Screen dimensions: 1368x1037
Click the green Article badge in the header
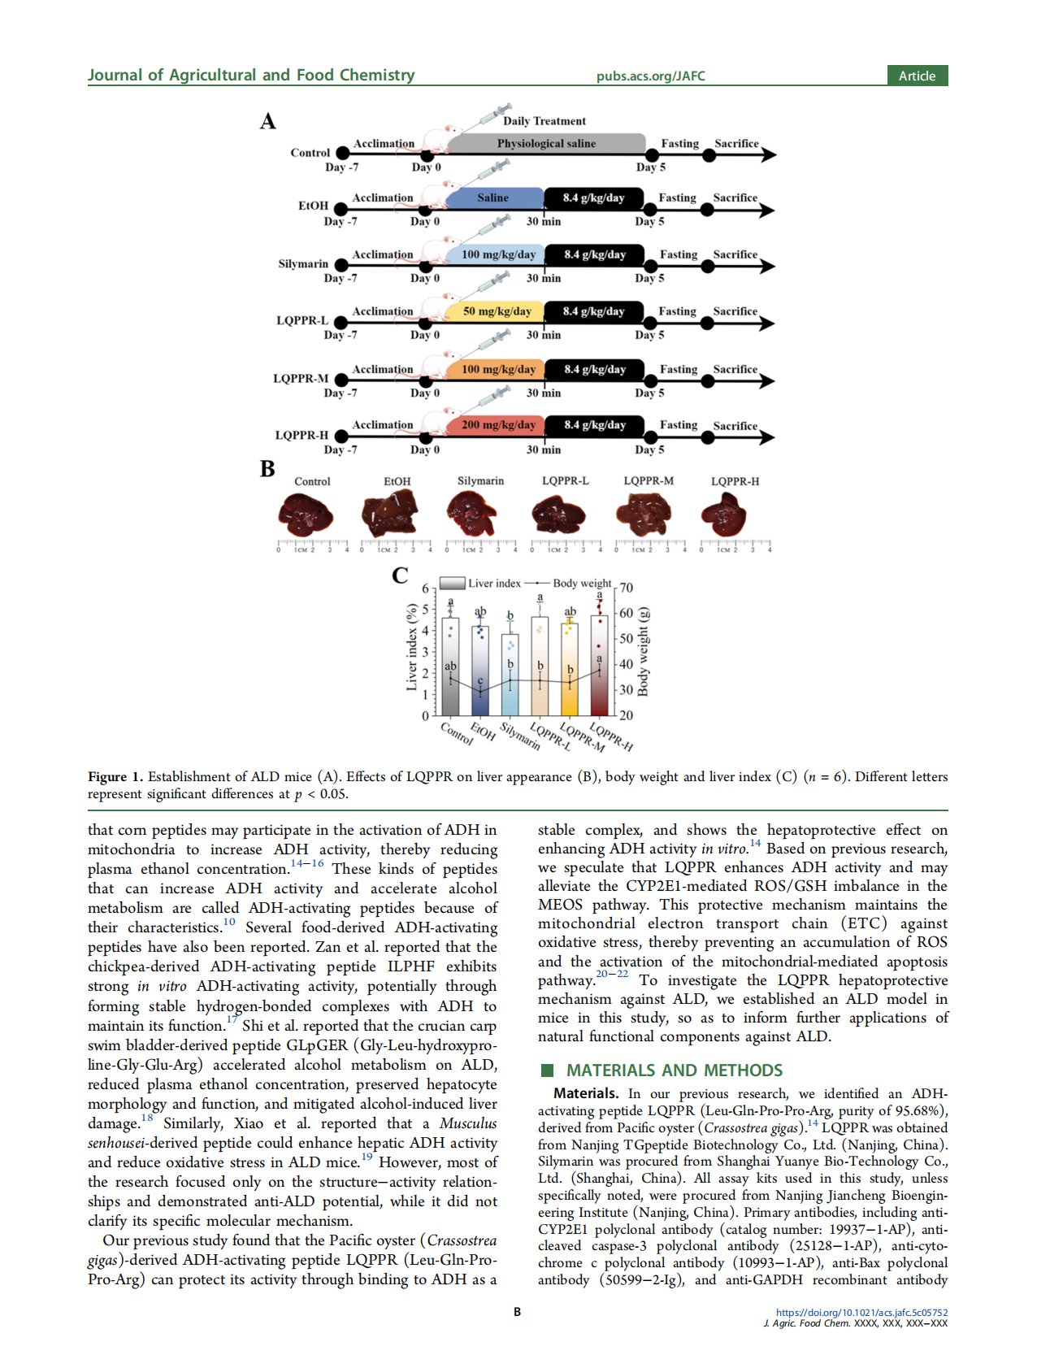(917, 76)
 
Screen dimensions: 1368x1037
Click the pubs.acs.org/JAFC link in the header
(650, 76)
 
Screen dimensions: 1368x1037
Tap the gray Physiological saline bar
(546, 144)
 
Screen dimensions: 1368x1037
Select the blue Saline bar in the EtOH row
(493, 198)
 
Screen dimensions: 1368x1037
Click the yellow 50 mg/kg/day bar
(497, 311)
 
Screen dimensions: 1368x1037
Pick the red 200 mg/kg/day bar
(497, 425)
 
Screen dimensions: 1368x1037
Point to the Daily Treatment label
(544, 121)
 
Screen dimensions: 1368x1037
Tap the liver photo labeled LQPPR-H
(723, 515)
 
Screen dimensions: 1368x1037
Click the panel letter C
(401, 575)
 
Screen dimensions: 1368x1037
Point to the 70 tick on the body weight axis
(626, 588)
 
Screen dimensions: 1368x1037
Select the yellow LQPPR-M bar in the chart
(570, 668)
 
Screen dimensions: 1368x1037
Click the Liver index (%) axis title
(412, 647)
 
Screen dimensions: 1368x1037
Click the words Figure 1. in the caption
(115, 776)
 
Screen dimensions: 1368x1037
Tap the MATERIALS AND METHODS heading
(674, 1071)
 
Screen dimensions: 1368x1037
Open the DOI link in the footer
(861, 1312)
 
